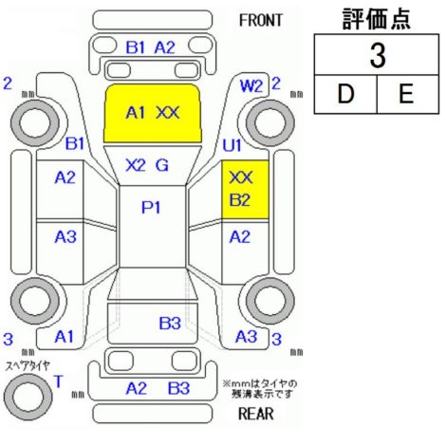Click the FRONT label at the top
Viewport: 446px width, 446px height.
[x=260, y=20]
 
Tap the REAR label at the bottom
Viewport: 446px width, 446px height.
[x=256, y=413]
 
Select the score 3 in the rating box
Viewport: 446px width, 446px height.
[x=378, y=55]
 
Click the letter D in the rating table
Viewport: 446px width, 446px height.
[x=345, y=94]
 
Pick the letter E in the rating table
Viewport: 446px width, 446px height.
[x=406, y=94]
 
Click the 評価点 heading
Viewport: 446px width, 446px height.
[x=377, y=19]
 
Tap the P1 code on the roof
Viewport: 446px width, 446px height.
[x=151, y=208]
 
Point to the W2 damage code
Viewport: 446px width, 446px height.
[x=251, y=85]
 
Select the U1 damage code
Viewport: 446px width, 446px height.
[x=232, y=145]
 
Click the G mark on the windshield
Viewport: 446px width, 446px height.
[x=162, y=165]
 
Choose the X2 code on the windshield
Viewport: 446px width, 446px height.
[x=136, y=165]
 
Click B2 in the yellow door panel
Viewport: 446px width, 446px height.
[x=240, y=200]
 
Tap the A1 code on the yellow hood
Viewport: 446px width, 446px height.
[x=136, y=113]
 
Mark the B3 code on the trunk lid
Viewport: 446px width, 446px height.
[x=170, y=324]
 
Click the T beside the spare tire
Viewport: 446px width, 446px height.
[x=59, y=381]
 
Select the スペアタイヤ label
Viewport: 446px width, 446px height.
[x=28, y=366]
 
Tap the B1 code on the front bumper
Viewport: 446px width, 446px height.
[x=135, y=47]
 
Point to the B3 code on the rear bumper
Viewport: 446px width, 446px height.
[x=178, y=388]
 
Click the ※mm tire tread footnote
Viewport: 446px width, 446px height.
[x=260, y=389]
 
